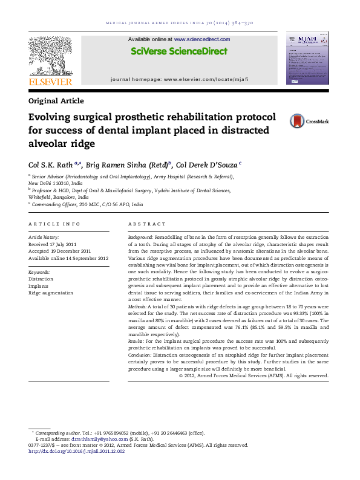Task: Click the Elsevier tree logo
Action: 50,56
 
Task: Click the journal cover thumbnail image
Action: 307,59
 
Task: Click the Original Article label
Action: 56,101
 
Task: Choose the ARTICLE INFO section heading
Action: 54,224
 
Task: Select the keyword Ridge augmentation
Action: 51,293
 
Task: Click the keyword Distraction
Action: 41,279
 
